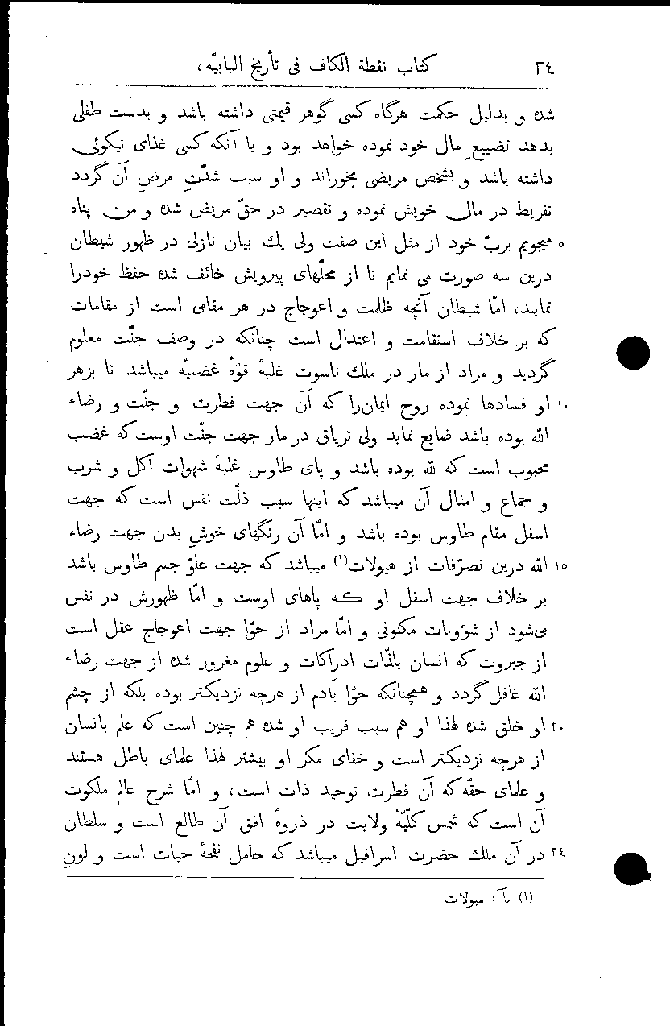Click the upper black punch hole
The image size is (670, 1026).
[x=632, y=355]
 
